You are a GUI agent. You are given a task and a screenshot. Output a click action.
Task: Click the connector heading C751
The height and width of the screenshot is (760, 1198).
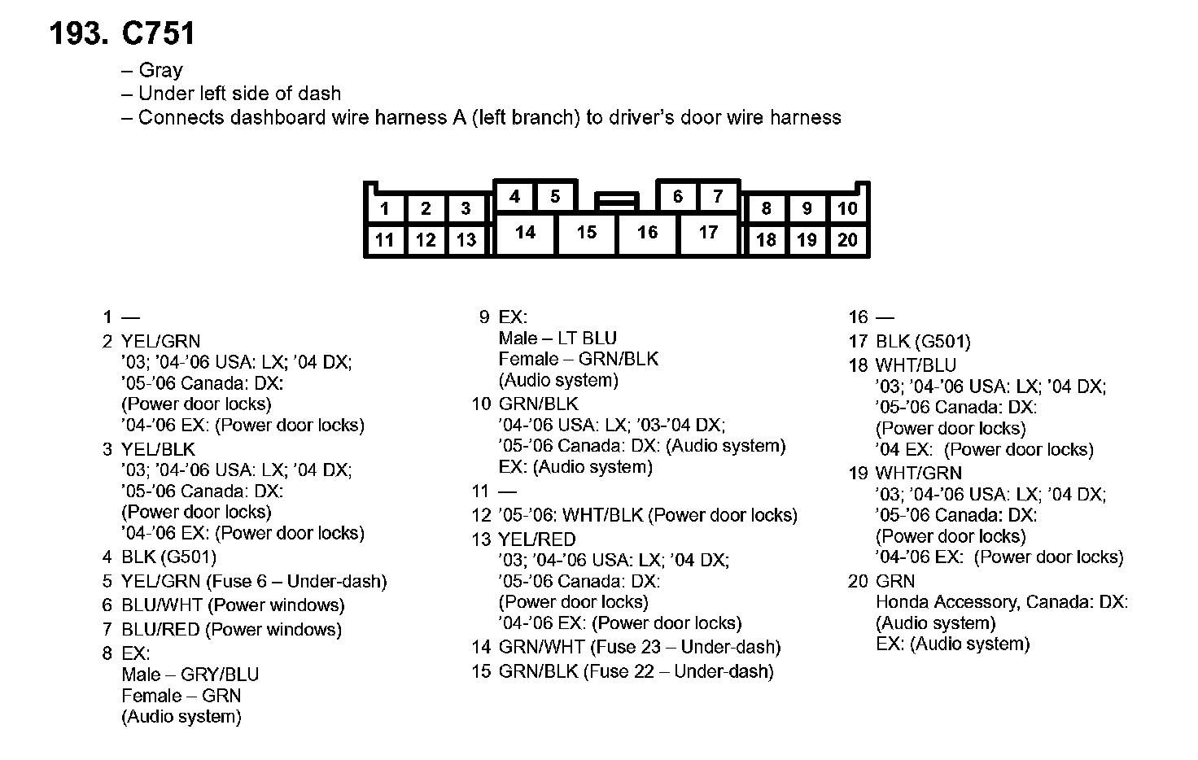click(158, 34)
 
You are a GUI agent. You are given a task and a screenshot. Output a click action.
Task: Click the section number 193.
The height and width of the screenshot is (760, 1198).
click(79, 34)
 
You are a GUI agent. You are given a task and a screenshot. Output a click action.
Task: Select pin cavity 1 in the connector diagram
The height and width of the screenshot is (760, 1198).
click(385, 209)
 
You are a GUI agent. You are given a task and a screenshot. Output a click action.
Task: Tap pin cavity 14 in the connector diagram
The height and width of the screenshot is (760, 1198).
click(526, 233)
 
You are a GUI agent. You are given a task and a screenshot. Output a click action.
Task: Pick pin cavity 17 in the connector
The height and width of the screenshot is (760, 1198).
click(708, 233)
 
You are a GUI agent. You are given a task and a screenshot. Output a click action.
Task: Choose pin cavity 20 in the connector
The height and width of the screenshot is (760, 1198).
click(847, 240)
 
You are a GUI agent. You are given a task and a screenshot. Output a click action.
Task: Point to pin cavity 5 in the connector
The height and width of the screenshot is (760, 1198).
click(555, 197)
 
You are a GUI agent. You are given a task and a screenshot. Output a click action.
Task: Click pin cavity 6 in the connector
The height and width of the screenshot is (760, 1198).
click(677, 197)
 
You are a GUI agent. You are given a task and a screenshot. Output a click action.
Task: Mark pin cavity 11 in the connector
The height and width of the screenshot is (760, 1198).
click(385, 240)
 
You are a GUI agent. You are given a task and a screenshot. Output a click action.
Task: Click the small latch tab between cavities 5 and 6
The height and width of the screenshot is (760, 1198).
click(616, 199)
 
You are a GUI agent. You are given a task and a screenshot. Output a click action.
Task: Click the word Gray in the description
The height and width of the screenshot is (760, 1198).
click(160, 70)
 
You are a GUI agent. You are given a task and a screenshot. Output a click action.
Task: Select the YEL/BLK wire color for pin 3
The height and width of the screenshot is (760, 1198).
click(158, 449)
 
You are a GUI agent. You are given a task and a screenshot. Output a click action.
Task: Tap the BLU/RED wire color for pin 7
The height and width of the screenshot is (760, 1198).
click(160, 629)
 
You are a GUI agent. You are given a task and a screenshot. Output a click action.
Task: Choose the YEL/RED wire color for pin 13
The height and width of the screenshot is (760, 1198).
click(536, 539)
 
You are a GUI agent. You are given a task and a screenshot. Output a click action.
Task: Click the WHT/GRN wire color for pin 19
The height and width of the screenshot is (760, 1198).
click(918, 473)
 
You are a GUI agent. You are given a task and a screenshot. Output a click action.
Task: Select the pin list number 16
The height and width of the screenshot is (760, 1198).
click(858, 317)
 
